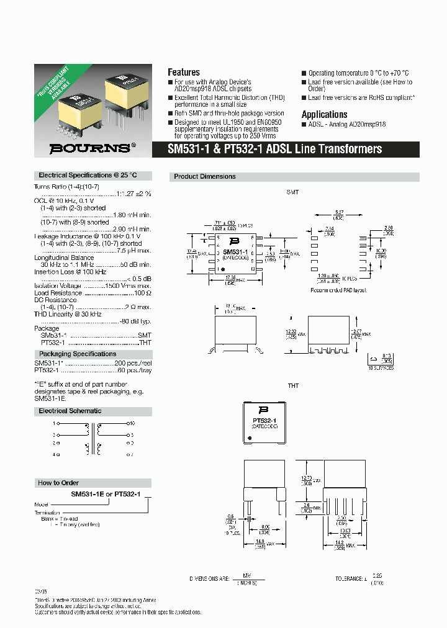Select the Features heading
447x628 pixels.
(184, 72)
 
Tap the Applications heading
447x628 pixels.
(324, 114)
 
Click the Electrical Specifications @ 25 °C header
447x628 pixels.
(88, 176)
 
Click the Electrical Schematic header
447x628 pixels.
(70, 411)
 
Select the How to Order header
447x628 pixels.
(58, 482)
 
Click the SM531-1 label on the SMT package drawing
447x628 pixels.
(235, 252)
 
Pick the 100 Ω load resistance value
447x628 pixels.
(143, 292)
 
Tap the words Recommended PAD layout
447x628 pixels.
(340, 290)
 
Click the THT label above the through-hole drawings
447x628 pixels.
(293, 385)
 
